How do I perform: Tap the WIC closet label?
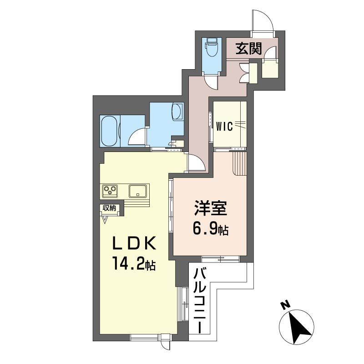(x=224, y=126)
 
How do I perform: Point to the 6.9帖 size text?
(x=210, y=229)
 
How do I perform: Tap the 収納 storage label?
(x=109, y=208)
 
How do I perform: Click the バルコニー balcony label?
(x=200, y=300)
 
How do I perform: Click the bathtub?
(x=109, y=131)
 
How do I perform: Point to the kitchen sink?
(x=138, y=191)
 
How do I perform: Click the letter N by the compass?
(x=285, y=304)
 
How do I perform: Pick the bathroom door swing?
(x=137, y=138)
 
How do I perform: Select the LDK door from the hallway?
(x=197, y=163)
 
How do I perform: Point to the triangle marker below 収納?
(x=105, y=220)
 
